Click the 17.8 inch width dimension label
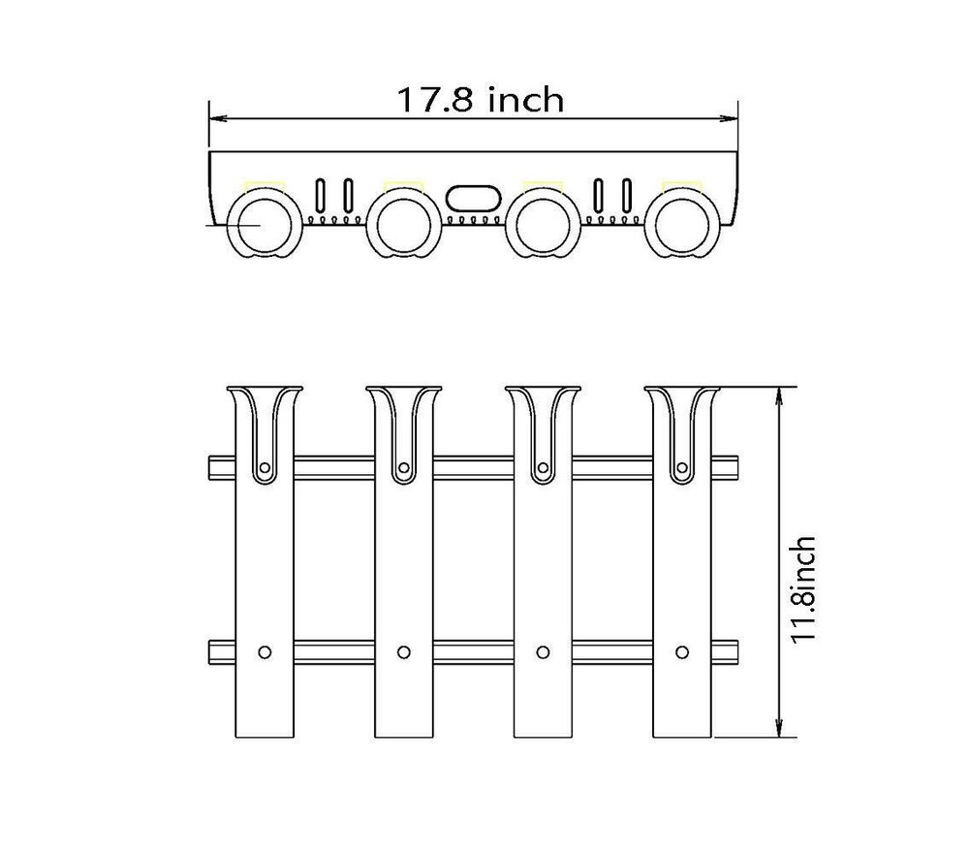pos(480,100)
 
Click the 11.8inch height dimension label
pos(803,590)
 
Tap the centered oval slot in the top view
pos(473,199)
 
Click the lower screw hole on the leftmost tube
pos(266,651)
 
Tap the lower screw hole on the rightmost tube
pos(682,651)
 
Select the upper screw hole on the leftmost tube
pos(266,468)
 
